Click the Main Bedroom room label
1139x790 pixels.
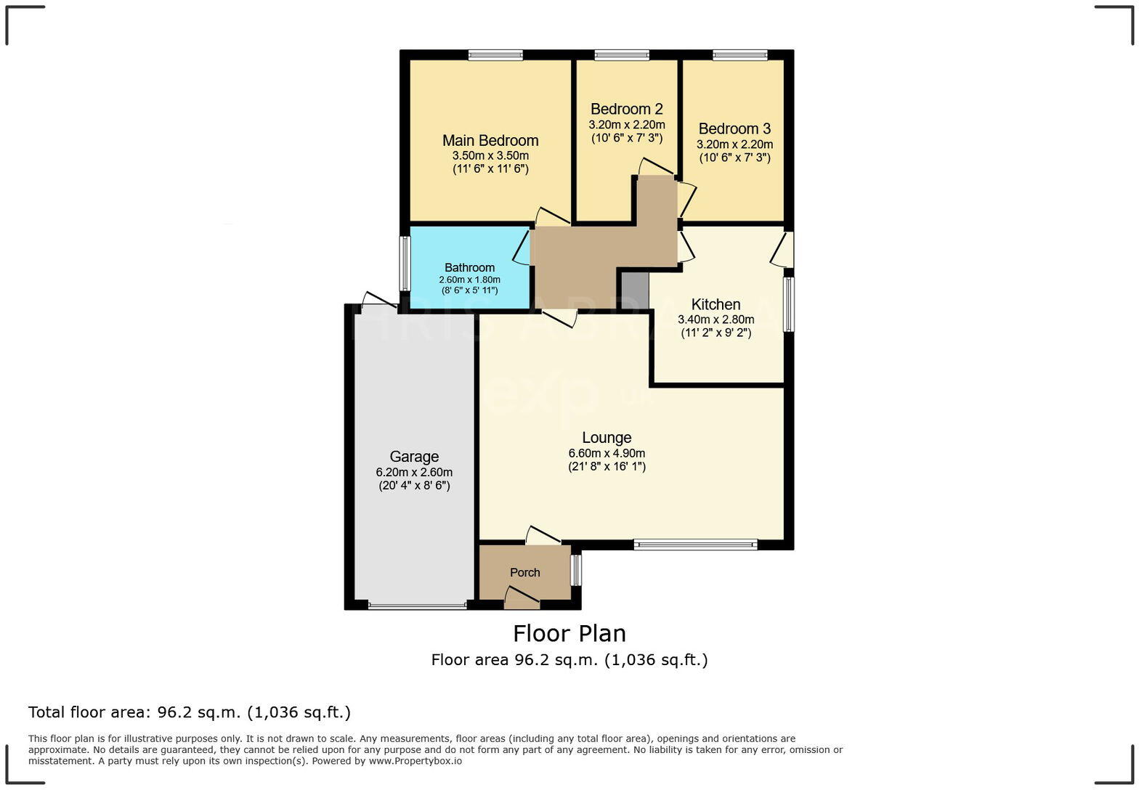(490, 141)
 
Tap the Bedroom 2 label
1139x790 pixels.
(626, 110)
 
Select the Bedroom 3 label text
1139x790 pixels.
(734, 129)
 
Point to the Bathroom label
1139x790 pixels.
(469, 268)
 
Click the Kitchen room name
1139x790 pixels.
(716, 305)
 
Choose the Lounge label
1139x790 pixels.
(607, 438)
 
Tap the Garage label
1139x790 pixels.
(414, 457)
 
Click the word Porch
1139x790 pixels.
(524, 573)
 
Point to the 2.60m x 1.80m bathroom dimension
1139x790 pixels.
(469, 280)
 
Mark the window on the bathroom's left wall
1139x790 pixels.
(405, 264)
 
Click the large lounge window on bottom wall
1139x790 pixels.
(695, 545)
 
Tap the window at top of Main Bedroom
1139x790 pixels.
(495, 55)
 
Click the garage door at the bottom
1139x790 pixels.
(417, 606)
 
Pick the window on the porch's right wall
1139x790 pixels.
(576, 570)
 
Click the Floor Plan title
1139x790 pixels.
(569, 634)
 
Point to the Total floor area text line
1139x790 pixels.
(190, 712)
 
